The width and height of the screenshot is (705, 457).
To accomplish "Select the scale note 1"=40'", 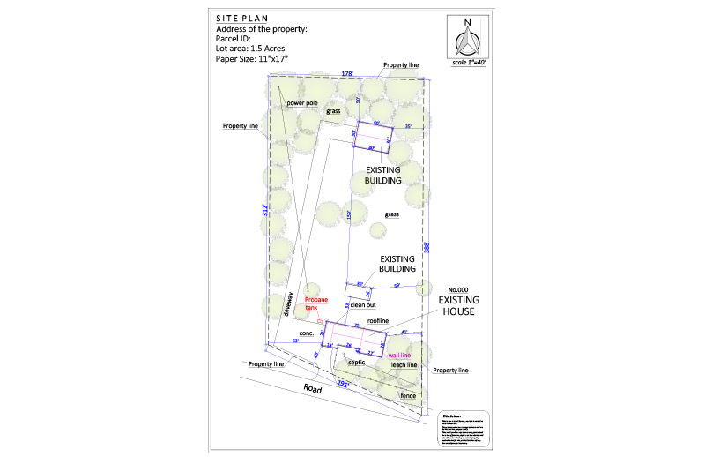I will coord(468,64).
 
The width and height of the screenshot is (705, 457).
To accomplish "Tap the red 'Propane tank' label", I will coord(316,304).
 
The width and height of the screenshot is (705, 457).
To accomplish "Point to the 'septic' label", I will coord(357,362).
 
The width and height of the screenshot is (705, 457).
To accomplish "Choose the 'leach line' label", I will coord(404,364).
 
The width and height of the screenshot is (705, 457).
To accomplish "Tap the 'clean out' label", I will coord(363,304).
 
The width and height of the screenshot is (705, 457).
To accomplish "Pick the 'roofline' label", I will coord(378,321).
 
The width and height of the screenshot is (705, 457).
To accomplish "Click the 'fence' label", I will coord(408,396).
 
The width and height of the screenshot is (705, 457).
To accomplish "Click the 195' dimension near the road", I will coord(343,385).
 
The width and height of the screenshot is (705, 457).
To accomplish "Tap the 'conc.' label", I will coord(307,333).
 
